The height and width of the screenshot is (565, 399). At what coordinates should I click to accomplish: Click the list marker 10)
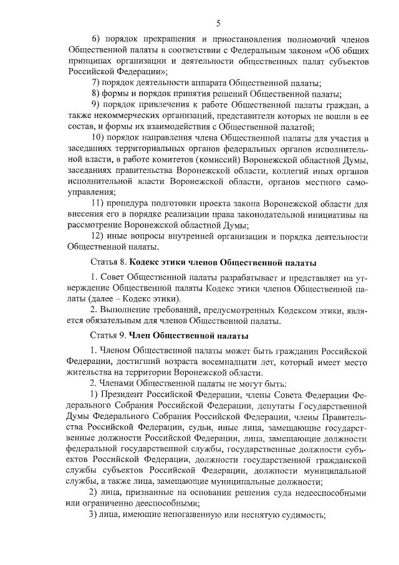click(99, 137)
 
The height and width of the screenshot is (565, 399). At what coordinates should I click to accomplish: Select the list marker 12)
click(99, 237)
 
